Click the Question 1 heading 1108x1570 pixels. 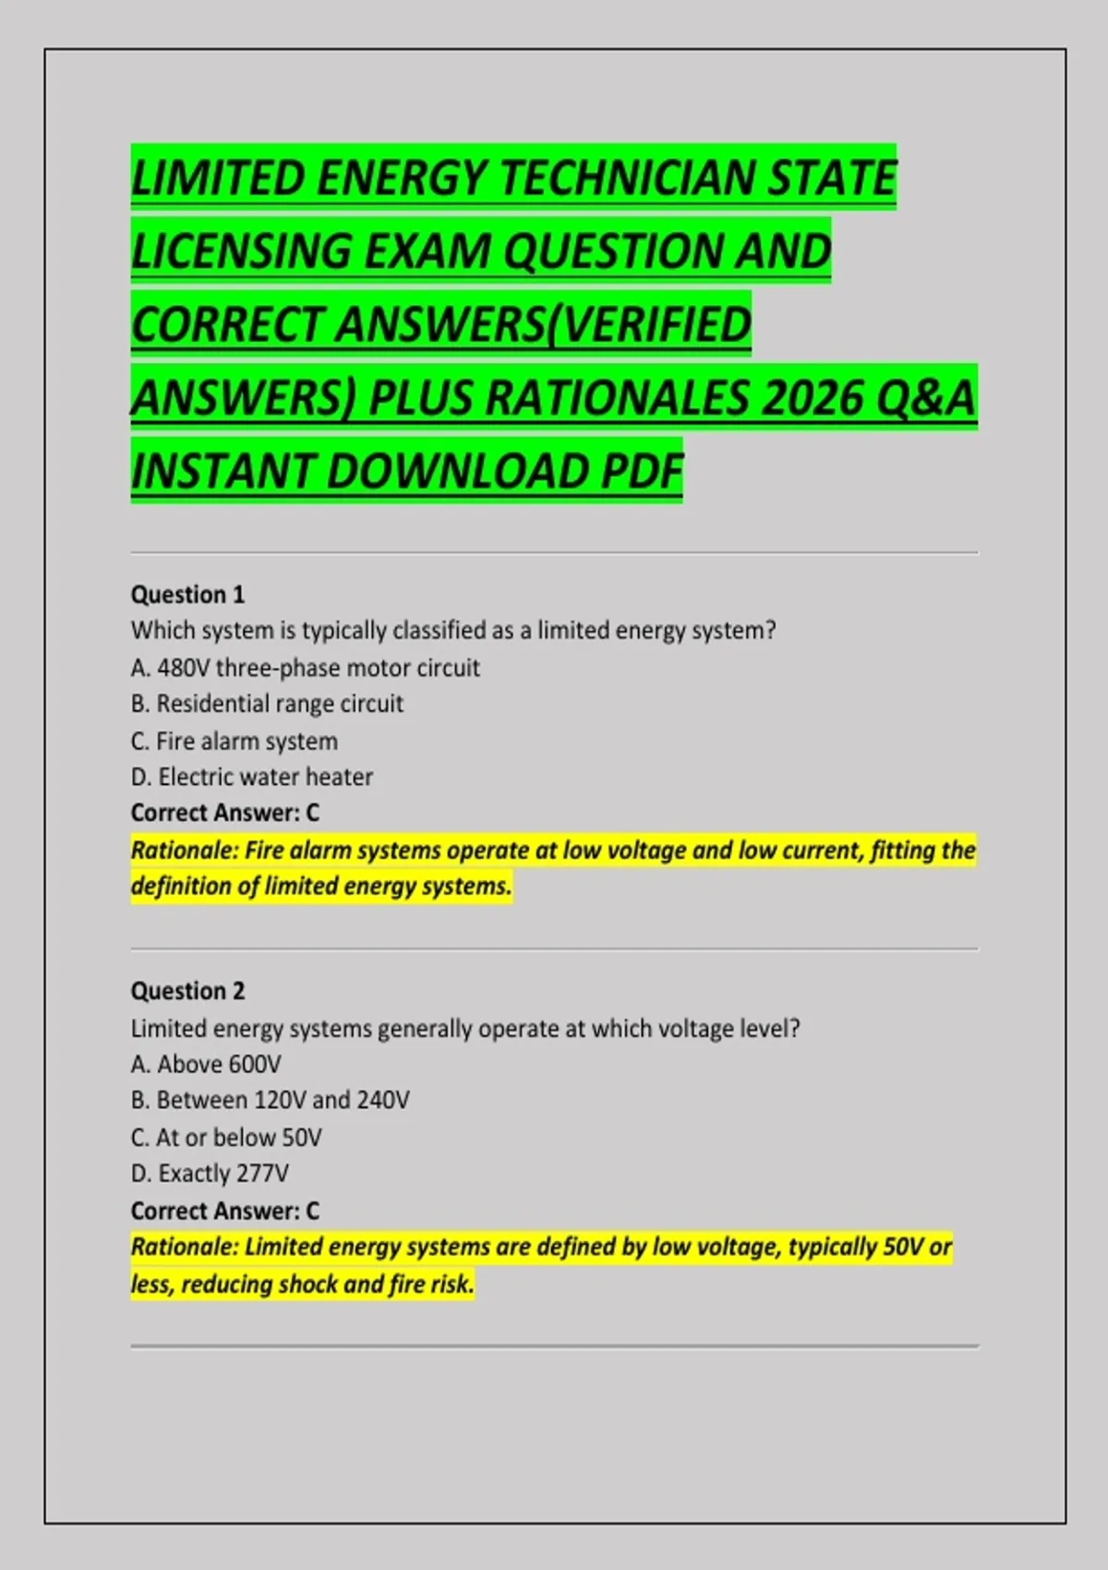tap(187, 595)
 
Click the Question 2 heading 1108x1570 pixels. tap(187, 991)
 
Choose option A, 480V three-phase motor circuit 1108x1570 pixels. tap(305, 668)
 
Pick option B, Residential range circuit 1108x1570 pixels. tap(267, 704)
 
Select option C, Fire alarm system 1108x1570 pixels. tap(235, 741)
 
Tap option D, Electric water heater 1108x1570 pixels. tap(252, 777)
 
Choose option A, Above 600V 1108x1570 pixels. tap(206, 1064)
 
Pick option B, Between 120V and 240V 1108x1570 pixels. tap(270, 1100)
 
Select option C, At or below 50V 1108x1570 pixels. tap(226, 1137)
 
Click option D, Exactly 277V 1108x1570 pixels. tap(210, 1173)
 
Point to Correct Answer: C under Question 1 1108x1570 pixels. tap(224, 813)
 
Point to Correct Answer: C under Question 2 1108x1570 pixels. tap(224, 1210)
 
